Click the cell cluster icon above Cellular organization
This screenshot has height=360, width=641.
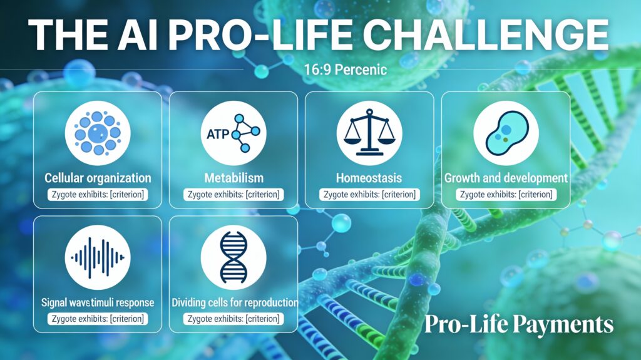tap(97, 133)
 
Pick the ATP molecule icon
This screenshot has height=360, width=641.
tap(233, 133)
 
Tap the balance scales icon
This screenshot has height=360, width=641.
tap(369, 133)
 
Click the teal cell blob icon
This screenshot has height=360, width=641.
tap(506, 133)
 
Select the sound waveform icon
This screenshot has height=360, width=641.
tap(97, 257)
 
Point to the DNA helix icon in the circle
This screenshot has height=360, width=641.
tap(233, 257)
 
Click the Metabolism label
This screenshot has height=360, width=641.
tap(233, 178)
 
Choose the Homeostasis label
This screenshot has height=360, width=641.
tap(369, 178)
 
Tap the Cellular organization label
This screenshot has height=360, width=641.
tap(97, 178)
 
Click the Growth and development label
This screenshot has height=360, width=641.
tap(506, 178)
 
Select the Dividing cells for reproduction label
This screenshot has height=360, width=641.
tap(234, 302)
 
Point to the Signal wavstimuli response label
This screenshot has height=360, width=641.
tap(97, 302)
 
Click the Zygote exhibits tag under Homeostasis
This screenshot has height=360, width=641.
tap(369, 194)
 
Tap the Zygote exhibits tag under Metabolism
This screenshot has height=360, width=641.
tap(233, 194)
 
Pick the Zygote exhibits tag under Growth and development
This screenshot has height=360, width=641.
tap(506, 194)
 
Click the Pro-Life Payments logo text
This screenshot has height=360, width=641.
tap(519, 324)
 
